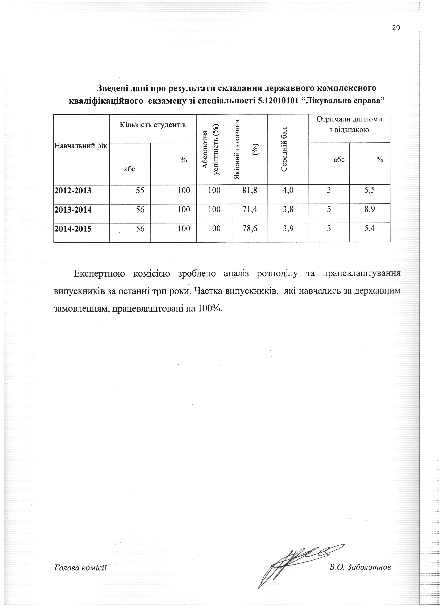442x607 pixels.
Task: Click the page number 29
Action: pos(396,28)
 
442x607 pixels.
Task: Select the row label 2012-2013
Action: pos(73,191)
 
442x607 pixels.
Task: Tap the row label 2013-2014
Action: pos(73,210)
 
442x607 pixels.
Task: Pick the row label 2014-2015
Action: pos(73,229)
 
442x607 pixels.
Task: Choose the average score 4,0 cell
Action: pos(288,190)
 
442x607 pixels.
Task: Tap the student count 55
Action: pos(140,190)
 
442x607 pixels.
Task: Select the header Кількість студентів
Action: pos(153,125)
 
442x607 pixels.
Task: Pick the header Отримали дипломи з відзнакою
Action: pos(349,124)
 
